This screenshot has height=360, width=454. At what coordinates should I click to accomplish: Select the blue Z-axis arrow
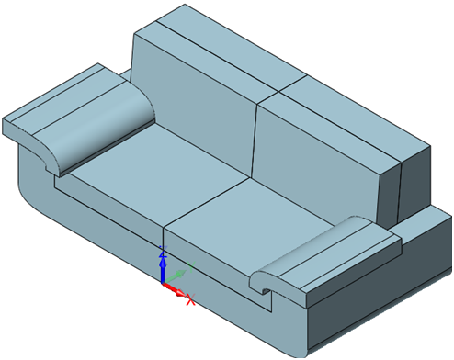click(x=163, y=267)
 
